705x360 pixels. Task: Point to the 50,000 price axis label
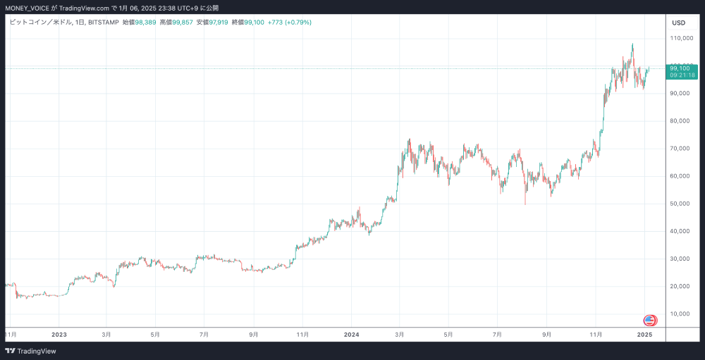point(680,204)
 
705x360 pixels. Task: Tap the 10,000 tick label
point(680,314)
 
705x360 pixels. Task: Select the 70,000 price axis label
point(680,149)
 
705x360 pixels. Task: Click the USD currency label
point(679,23)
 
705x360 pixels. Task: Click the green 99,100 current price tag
point(682,68)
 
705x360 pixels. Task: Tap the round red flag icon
point(650,321)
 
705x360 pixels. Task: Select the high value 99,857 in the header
point(181,23)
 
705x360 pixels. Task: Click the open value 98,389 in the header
point(145,23)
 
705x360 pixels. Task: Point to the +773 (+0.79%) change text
point(290,23)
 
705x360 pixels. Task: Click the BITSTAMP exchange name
point(103,23)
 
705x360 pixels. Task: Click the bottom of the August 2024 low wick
point(525,204)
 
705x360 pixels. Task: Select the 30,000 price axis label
point(680,259)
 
